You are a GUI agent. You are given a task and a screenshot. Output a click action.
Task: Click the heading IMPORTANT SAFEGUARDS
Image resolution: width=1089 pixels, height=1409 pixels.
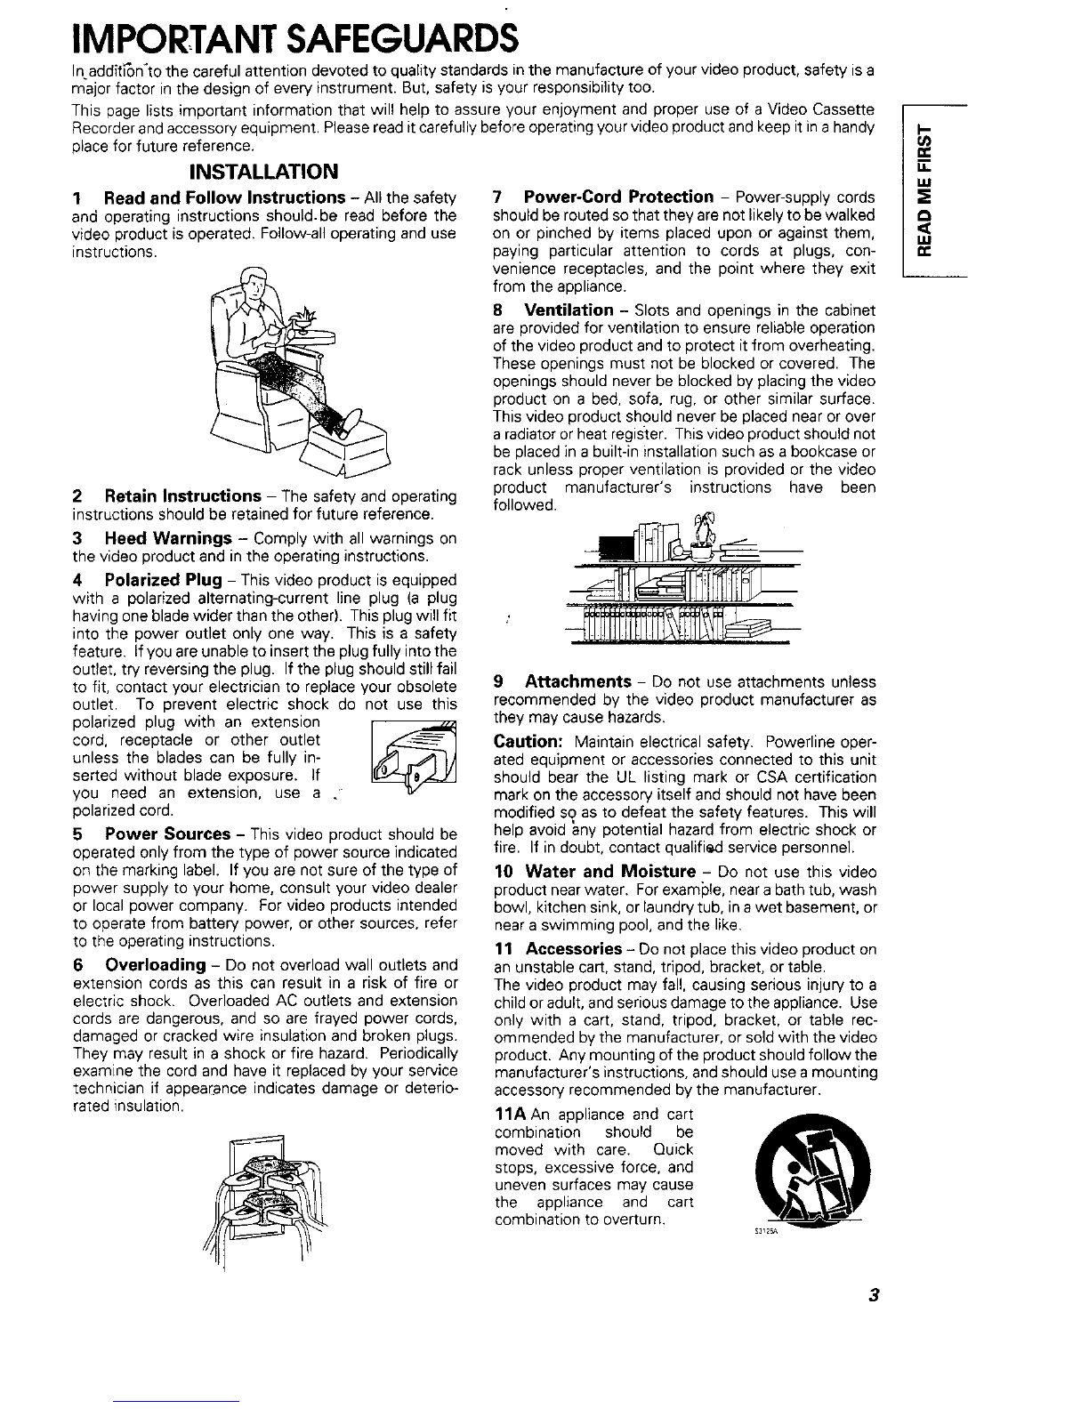(x=295, y=39)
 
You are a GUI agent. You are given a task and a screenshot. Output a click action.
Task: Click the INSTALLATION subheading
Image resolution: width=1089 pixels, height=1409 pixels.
(x=263, y=172)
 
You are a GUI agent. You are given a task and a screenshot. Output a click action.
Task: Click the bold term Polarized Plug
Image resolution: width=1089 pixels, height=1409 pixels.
(x=163, y=580)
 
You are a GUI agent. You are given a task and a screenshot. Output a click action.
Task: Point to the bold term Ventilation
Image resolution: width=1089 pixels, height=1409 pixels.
(x=569, y=310)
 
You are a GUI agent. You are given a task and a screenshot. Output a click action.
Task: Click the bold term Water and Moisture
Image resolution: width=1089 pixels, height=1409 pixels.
(x=610, y=872)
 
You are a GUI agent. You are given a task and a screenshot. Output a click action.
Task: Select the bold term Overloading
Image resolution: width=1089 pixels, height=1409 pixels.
(x=156, y=965)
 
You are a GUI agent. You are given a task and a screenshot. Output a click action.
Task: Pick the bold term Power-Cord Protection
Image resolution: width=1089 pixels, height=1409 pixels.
(x=618, y=197)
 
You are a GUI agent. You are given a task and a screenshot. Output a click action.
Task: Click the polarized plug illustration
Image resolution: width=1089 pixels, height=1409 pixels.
(x=414, y=756)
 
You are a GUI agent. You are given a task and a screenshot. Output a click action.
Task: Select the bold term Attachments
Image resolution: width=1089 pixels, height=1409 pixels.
(x=578, y=681)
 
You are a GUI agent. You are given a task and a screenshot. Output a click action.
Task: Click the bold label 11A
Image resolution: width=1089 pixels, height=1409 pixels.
(x=511, y=1115)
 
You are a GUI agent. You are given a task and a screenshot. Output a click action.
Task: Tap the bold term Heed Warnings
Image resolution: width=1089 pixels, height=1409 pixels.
(x=168, y=538)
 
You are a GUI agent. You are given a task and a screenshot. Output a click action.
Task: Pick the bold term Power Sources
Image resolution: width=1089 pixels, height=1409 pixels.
(x=167, y=833)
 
